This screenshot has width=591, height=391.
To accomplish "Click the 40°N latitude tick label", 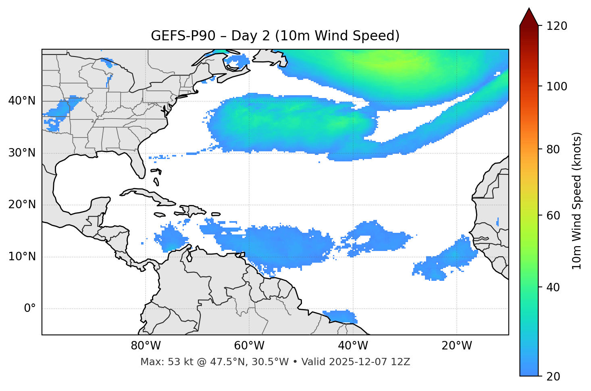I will [22, 101].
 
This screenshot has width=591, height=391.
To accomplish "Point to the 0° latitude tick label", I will [30, 309].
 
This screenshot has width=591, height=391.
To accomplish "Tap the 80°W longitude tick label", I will [146, 346].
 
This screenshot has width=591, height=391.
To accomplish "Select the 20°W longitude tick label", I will [457, 346].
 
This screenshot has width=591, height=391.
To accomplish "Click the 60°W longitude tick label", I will [249, 346].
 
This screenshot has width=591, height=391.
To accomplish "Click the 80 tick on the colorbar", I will [554, 149].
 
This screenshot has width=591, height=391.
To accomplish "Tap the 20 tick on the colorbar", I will [554, 376].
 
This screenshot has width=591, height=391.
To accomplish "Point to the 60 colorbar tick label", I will [554, 215].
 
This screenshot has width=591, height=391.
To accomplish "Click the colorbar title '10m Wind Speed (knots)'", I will [577, 201].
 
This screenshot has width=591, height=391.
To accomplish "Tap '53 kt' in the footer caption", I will [179, 362].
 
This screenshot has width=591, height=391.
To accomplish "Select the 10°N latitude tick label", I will [22, 257].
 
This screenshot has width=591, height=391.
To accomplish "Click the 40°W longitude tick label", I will [353, 346].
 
